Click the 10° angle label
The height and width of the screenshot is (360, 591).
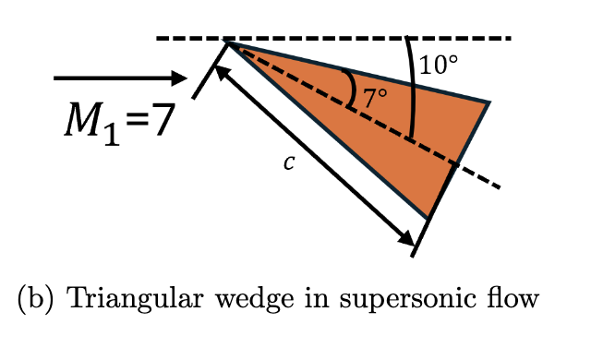(x=439, y=66)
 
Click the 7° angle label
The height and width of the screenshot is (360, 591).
(x=374, y=97)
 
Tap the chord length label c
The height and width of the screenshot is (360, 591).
(x=289, y=162)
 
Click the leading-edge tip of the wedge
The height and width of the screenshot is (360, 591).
(x=228, y=42)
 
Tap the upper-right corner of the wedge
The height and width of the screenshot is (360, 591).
(x=488, y=102)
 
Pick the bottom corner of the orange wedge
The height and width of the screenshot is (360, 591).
(x=428, y=219)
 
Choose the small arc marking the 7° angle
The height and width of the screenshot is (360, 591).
(x=354, y=89)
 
